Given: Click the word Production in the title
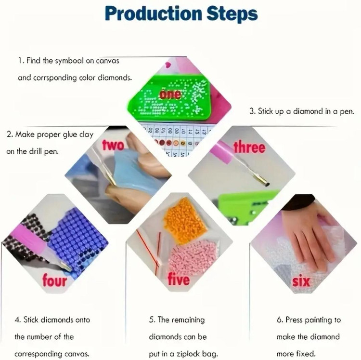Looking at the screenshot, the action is tap(154, 13).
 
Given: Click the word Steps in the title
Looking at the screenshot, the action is tap(232, 14).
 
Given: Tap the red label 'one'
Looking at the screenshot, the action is tap(170, 94).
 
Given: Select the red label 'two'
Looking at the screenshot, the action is tap(113, 145).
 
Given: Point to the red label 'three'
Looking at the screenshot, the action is tap(249, 147).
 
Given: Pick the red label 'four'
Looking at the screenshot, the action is tap(54, 280).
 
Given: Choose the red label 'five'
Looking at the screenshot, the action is tap(179, 279).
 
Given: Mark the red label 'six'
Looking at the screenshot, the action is tap(301, 281).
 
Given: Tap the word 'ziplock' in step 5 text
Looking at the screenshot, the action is tap(188, 354).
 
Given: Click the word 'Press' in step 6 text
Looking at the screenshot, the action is tap(294, 320).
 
